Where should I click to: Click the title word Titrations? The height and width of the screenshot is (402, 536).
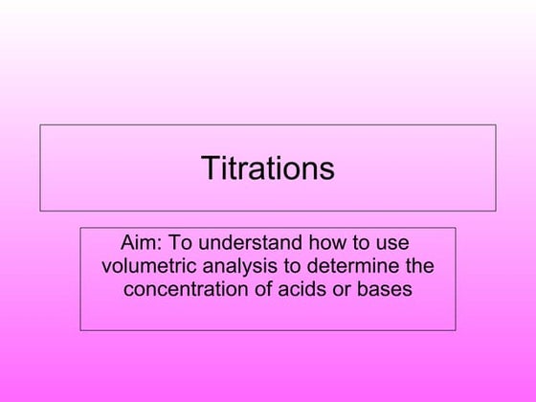point(268,168)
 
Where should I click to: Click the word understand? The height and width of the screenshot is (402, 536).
point(246,242)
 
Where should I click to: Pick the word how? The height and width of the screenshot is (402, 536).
point(321,242)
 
